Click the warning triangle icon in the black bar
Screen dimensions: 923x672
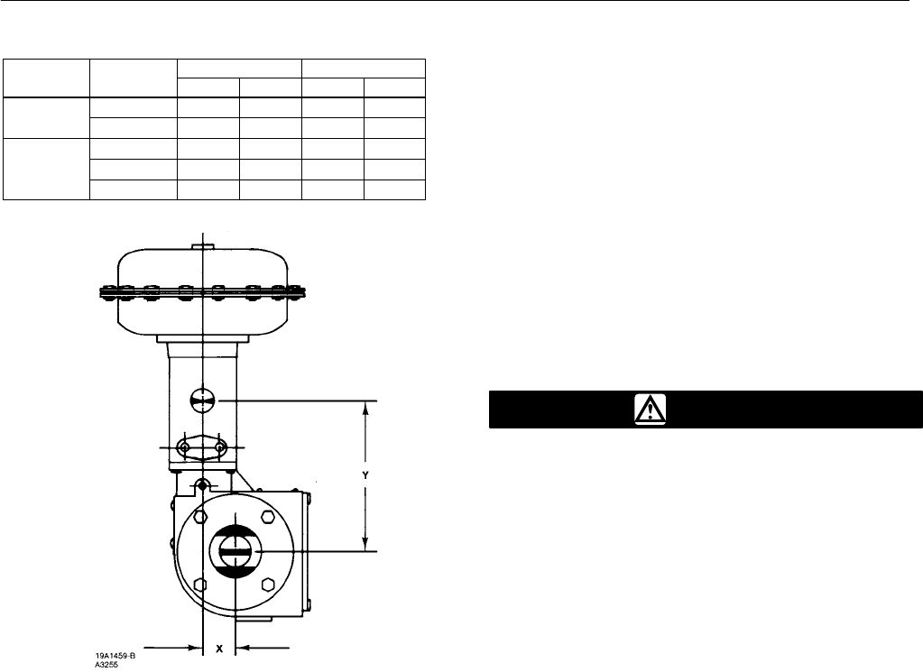click(x=651, y=409)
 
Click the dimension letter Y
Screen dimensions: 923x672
click(x=365, y=475)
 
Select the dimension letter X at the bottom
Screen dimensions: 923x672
click(x=219, y=649)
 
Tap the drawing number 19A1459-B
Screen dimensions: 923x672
click(x=115, y=655)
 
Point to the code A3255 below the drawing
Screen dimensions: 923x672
click(x=106, y=665)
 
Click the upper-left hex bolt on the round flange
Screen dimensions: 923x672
click(x=200, y=516)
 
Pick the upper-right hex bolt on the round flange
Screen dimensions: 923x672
click(x=268, y=516)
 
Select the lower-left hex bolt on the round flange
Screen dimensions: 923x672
click(x=200, y=585)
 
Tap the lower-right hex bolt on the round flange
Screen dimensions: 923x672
click(x=268, y=585)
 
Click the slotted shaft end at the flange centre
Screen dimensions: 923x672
click(x=234, y=551)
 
